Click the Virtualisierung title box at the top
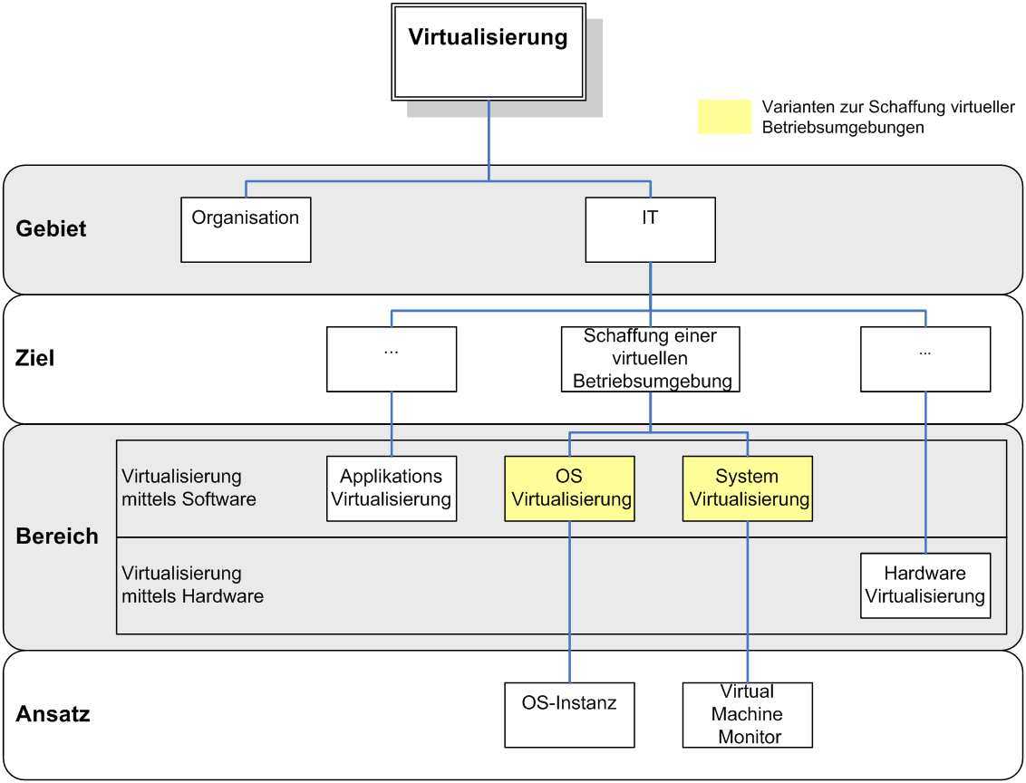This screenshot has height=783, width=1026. pos(489,52)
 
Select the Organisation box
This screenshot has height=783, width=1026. pos(246,230)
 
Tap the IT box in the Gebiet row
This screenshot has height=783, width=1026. pos(650,230)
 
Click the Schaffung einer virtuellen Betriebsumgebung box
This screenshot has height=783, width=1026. pos(650,359)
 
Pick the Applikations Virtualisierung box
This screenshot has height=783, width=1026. pos(392,488)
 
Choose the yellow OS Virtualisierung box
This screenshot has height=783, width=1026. pos(569,488)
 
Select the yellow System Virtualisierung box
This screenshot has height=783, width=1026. pos(747,488)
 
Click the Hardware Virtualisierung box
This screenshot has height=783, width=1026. pos(924,585)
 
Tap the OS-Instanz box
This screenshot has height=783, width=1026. pos(569,715)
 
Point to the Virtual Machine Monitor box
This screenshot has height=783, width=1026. pos(747,715)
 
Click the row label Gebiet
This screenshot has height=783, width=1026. pos(51,229)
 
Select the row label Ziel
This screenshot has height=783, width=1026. pos(35,359)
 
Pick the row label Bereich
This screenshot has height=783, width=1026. pos(57,536)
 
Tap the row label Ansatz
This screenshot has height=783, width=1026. pos(53,714)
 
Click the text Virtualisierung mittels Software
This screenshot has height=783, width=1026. pos(189,488)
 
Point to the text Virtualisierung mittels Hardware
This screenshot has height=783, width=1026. pos(192,585)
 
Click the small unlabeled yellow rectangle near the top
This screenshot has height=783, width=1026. pos(724,117)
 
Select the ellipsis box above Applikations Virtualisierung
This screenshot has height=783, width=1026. pos(392,359)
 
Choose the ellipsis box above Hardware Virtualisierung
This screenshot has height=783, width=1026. pos(924,359)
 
